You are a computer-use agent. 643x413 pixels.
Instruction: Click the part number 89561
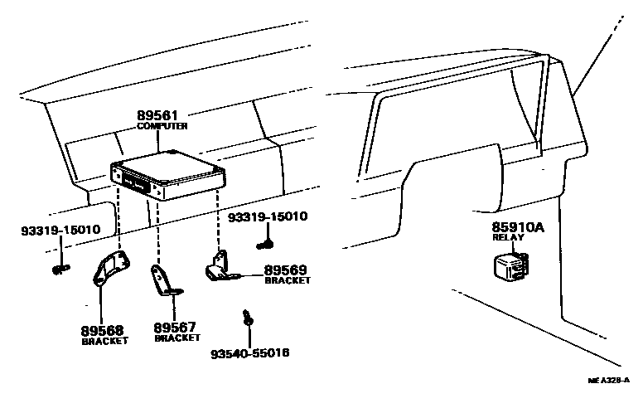tap(157, 115)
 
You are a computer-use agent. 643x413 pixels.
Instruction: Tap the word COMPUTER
tap(162, 126)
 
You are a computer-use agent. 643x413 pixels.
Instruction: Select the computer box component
tap(168, 175)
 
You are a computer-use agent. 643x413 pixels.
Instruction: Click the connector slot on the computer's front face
tap(135, 184)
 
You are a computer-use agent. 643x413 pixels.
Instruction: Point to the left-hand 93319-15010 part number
tap(60, 230)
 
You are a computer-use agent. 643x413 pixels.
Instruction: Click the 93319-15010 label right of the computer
tap(268, 216)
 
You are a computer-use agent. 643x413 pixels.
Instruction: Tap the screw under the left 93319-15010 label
tap(60, 270)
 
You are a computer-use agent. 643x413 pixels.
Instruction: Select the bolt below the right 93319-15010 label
tap(265, 245)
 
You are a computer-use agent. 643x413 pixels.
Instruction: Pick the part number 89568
tap(102, 330)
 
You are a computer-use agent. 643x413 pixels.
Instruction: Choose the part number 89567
tap(175, 328)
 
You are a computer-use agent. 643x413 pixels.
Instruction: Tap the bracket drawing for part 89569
tap(221, 268)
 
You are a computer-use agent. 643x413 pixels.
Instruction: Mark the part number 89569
tap(285, 270)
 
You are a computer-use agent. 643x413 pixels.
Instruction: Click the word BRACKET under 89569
tap(288, 280)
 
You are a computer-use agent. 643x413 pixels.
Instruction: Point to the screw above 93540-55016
tap(248, 318)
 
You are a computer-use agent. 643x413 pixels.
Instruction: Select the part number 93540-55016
tap(250, 353)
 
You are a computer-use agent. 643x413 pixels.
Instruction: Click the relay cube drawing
tap(511, 268)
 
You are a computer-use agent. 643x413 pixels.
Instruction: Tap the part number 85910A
tap(518, 227)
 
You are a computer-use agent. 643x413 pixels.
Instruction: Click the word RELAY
tap(509, 237)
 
